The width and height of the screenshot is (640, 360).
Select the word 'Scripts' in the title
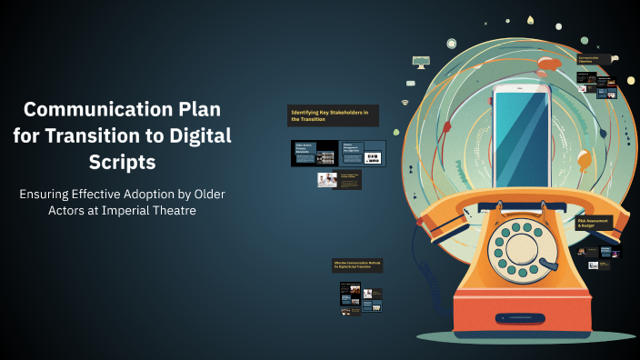coord(123,163)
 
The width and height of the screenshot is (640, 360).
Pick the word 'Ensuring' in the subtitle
coord(54,195)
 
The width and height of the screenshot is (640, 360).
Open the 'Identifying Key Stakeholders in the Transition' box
coord(333,115)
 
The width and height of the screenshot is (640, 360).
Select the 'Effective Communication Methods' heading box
coord(357,265)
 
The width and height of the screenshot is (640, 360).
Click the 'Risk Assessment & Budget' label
coord(594,223)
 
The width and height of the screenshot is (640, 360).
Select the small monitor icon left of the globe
coord(420,62)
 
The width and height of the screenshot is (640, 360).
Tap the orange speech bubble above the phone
coord(549,64)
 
